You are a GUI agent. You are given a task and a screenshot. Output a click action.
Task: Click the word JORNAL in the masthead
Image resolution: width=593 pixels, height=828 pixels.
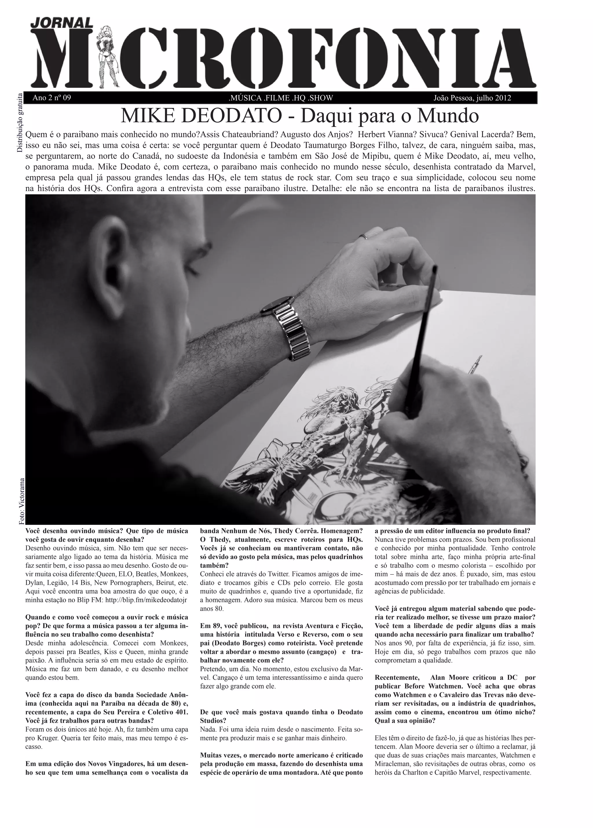[62, 23]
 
